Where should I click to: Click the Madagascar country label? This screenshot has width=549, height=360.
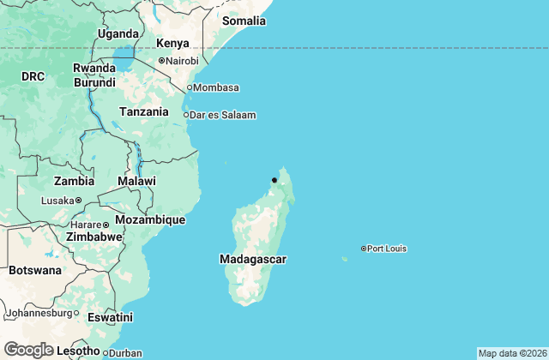[252, 259]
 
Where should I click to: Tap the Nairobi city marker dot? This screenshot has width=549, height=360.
[161, 60]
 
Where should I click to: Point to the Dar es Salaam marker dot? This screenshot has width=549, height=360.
[187, 114]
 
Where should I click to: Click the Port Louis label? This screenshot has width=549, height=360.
[387, 249]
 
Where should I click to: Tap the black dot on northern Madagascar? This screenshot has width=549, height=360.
[274, 180]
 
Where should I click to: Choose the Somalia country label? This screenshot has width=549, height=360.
[244, 21]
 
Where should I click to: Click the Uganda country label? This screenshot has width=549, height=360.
[118, 34]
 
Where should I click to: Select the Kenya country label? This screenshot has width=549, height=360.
[172, 44]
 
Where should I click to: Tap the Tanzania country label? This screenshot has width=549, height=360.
[144, 111]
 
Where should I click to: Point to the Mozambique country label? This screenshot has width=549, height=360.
[150, 220]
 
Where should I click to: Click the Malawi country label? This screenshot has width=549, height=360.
[137, 181]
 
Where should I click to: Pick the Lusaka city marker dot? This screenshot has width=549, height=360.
[78, 201]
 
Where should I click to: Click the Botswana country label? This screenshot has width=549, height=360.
[35, 270]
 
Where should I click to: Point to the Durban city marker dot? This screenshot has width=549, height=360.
[106, 352]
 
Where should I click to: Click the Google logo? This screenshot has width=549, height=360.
[28, 350]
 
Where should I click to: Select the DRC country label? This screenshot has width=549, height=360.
[33, 76]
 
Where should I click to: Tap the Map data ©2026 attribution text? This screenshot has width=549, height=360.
[511, 353]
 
